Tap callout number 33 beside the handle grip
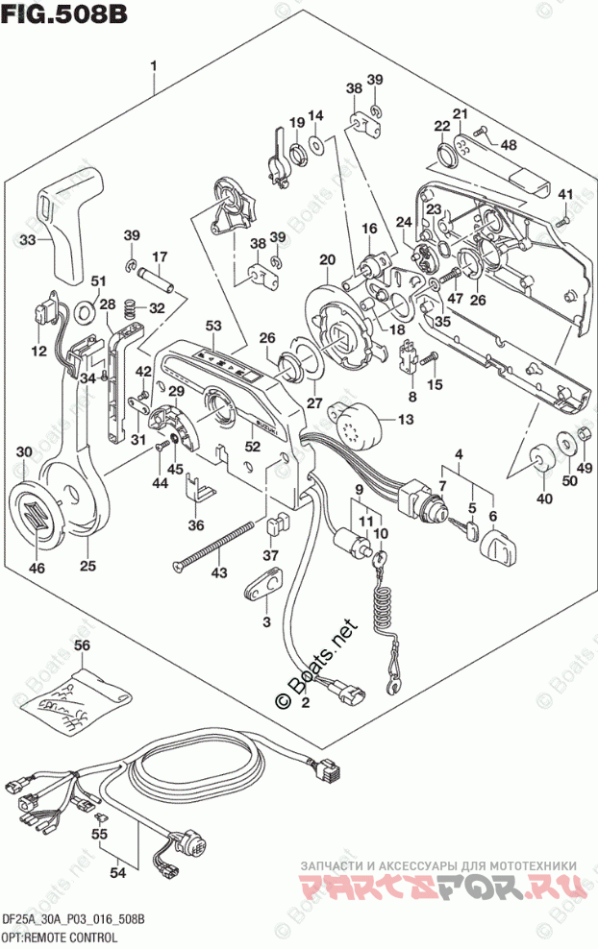pos(28,239)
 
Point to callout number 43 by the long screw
pos(219,573)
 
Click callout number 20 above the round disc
pos(327,259)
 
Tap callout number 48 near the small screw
pos(508,144)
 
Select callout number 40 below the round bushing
pos(544,498)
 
